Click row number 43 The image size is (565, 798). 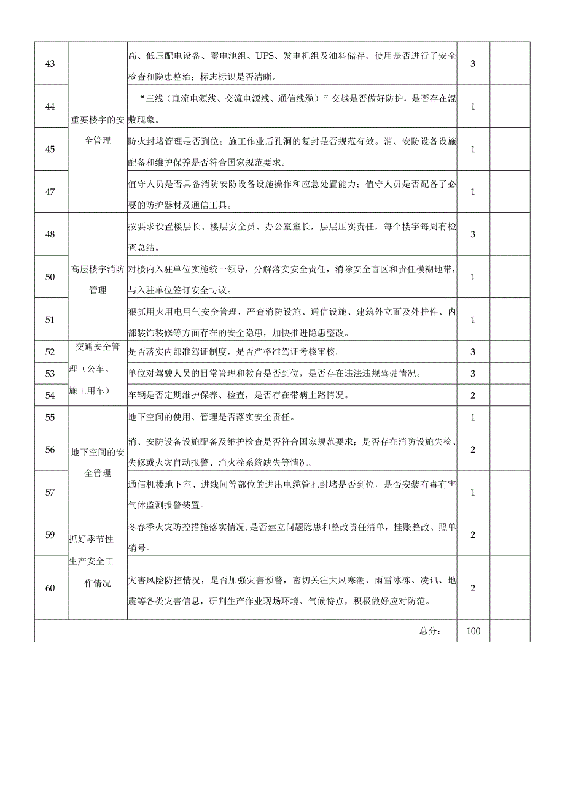point(50,64)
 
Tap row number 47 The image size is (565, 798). point(50,191)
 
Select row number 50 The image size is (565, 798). point(50,277)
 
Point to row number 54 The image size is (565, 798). point(50,395)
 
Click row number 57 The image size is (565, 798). point(50,492)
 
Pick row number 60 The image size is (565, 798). point(50,588)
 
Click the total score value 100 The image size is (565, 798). point(473,631)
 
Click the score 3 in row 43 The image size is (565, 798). point(473,64)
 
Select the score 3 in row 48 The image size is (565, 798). point(473,234)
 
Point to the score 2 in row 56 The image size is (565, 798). point(473,449)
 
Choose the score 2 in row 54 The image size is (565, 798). point(473,395)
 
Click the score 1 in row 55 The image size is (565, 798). point(473,417)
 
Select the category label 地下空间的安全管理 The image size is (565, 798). point(98,462)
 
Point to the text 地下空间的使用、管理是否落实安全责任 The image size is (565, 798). point(211,417)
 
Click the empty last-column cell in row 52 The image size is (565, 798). point(510,351)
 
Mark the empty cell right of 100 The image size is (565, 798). point(510,631)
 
